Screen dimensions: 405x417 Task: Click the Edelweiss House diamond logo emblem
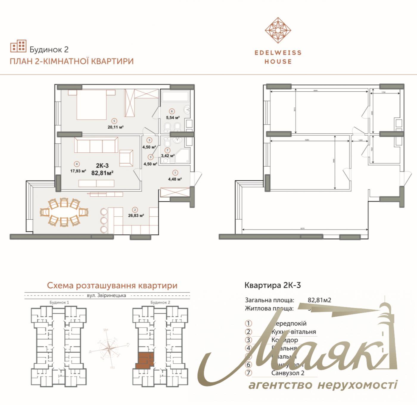[278, 30]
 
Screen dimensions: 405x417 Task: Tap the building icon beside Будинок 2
[18, 46]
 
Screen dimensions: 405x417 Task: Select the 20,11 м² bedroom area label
[115, 127]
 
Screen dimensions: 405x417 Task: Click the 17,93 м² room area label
[78, 171]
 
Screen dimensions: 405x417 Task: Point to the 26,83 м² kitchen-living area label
[136, 215]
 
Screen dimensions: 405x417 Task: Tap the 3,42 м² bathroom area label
[167, 155]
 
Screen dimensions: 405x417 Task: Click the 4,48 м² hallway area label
[175, 179]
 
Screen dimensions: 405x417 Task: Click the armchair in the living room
[126, 158]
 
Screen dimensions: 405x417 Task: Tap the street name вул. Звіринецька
[107, 295]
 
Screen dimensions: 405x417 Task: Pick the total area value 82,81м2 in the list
[319, 300]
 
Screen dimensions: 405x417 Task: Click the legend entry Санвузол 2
[288, 373]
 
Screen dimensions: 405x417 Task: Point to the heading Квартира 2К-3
[273, 285]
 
